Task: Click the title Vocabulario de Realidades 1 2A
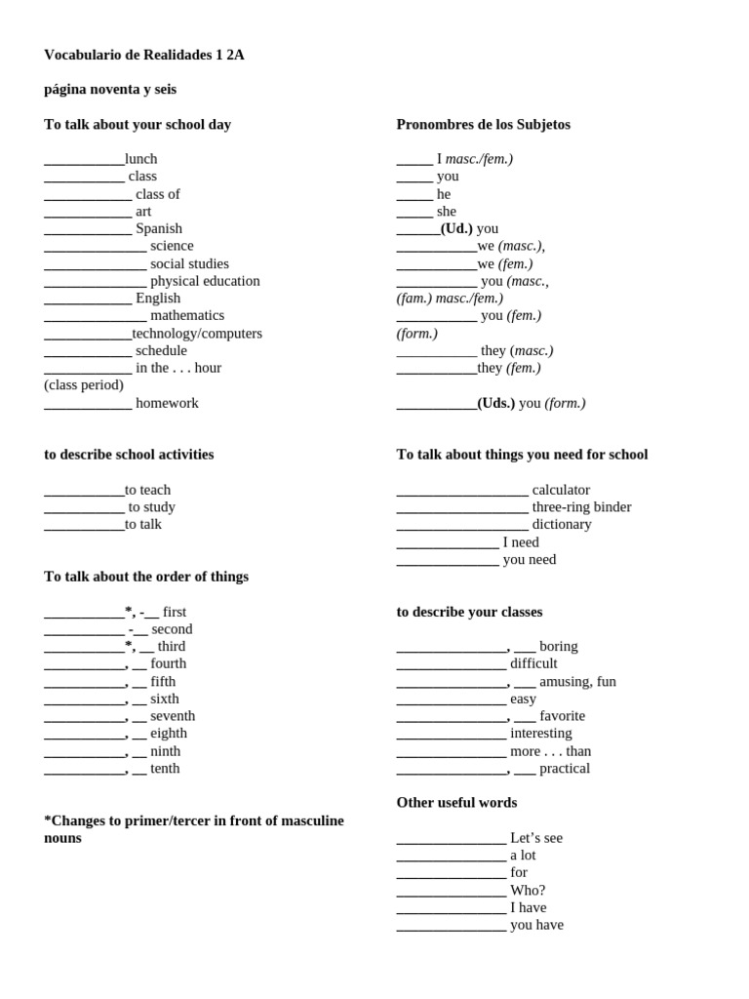(143, 55)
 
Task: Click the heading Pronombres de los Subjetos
(483, 124)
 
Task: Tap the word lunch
(140, 159)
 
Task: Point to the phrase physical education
(205, 281)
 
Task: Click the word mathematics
(187, 315)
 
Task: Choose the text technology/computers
(197, 334)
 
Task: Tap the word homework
(167, 403)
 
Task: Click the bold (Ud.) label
(456, 228)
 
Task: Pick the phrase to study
(152, 507)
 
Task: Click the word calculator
(561, 490)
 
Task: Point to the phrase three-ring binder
(581, 507)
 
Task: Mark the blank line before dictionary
(462, 526)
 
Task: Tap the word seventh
(173, 716)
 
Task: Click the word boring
(558, 646)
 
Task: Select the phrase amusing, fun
(577, 681)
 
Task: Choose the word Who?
(528, 890)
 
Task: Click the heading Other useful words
(456, 802)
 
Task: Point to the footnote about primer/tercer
(193, 829)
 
